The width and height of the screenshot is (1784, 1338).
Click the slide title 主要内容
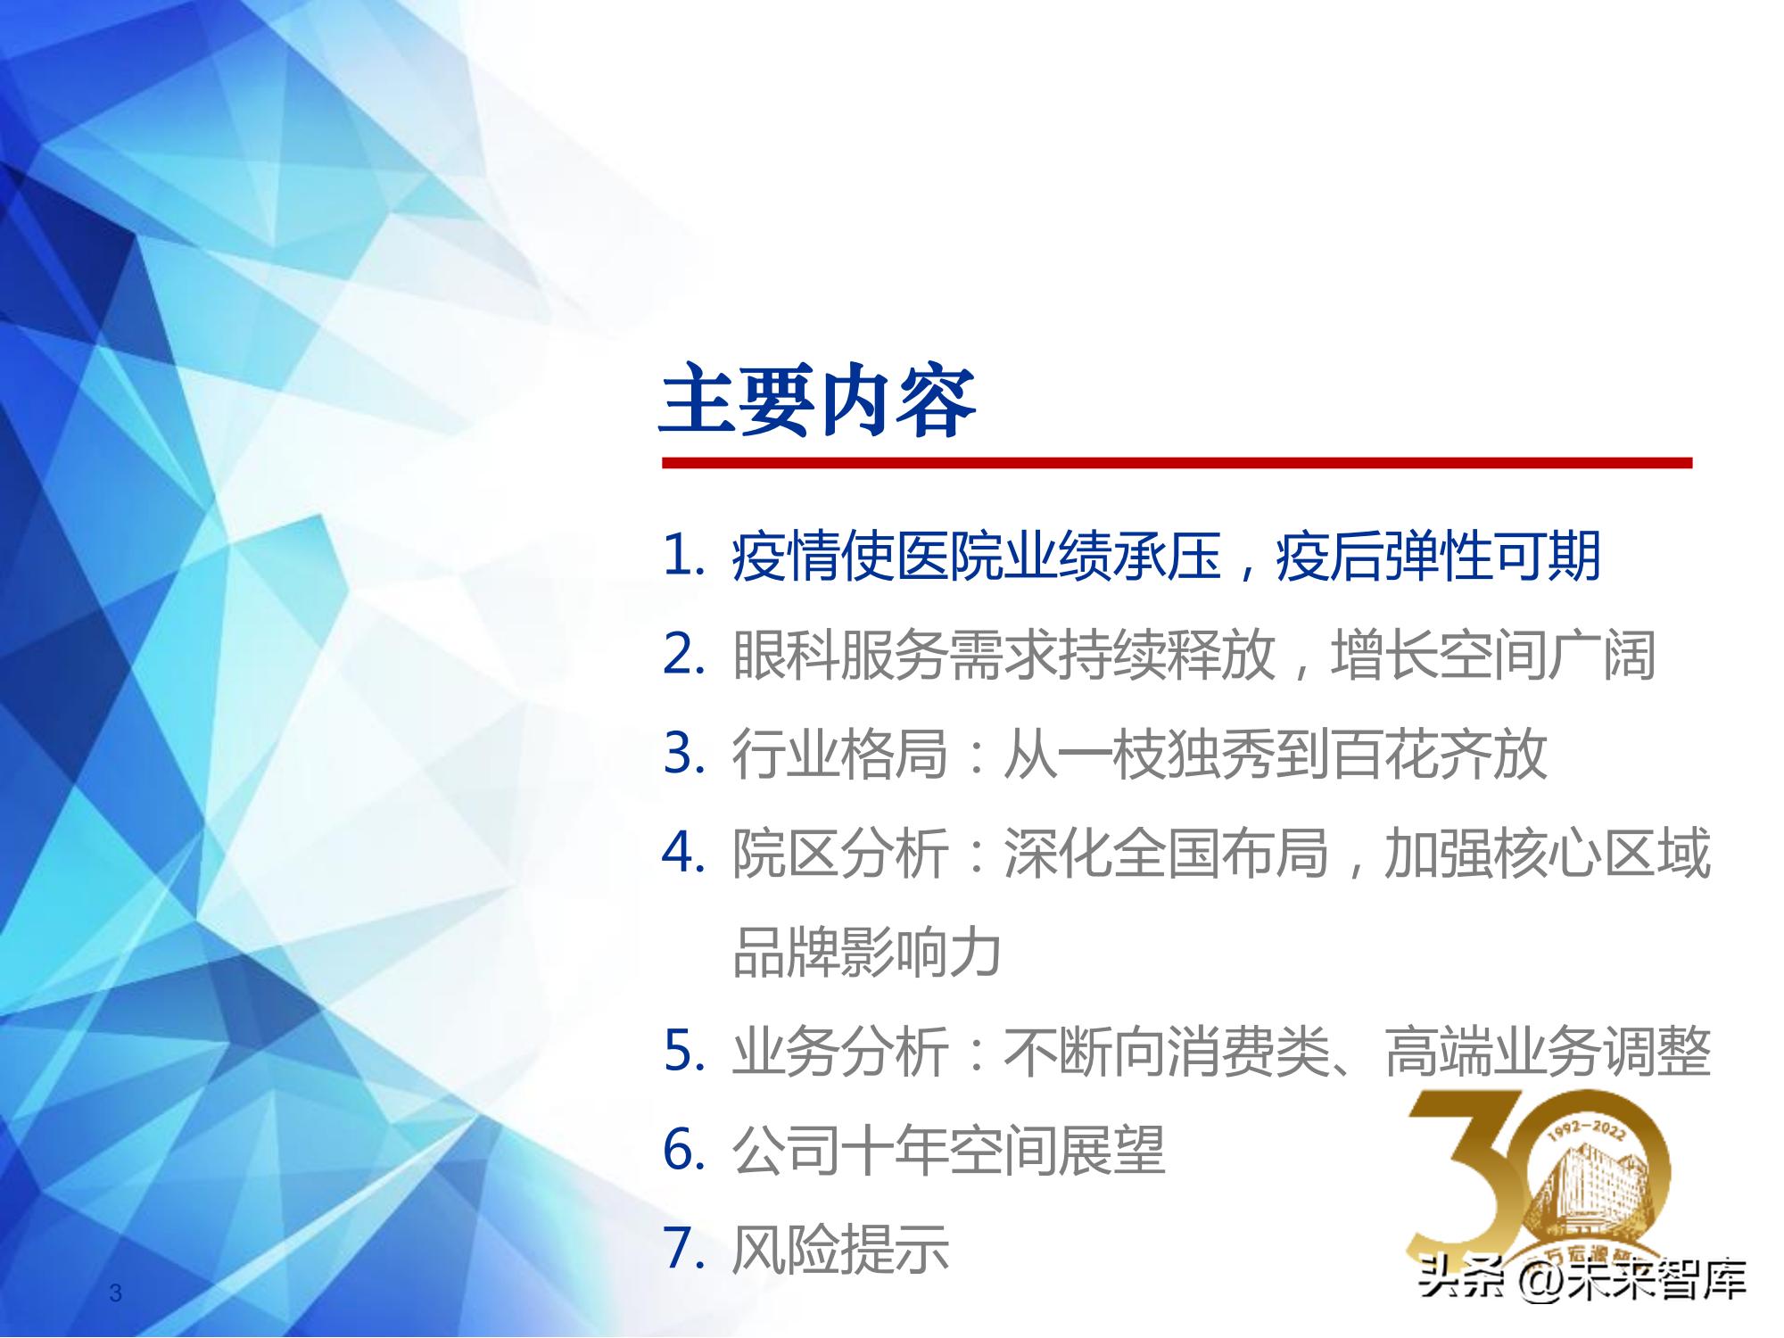[817, 401]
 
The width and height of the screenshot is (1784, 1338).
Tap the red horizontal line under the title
[1176, 463]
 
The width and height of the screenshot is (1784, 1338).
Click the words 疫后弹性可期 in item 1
[1438, 557]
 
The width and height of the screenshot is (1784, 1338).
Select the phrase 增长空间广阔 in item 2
[1492, 656]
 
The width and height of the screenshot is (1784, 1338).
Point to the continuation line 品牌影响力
[866, 953]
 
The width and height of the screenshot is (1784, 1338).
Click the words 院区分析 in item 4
[839, 854]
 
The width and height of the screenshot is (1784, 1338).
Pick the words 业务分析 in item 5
[839, 1052]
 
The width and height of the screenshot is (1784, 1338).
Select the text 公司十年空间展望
[948, 1151]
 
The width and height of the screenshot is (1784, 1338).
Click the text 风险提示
[839, 1250]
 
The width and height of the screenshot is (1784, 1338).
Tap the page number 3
[115, 1293]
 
